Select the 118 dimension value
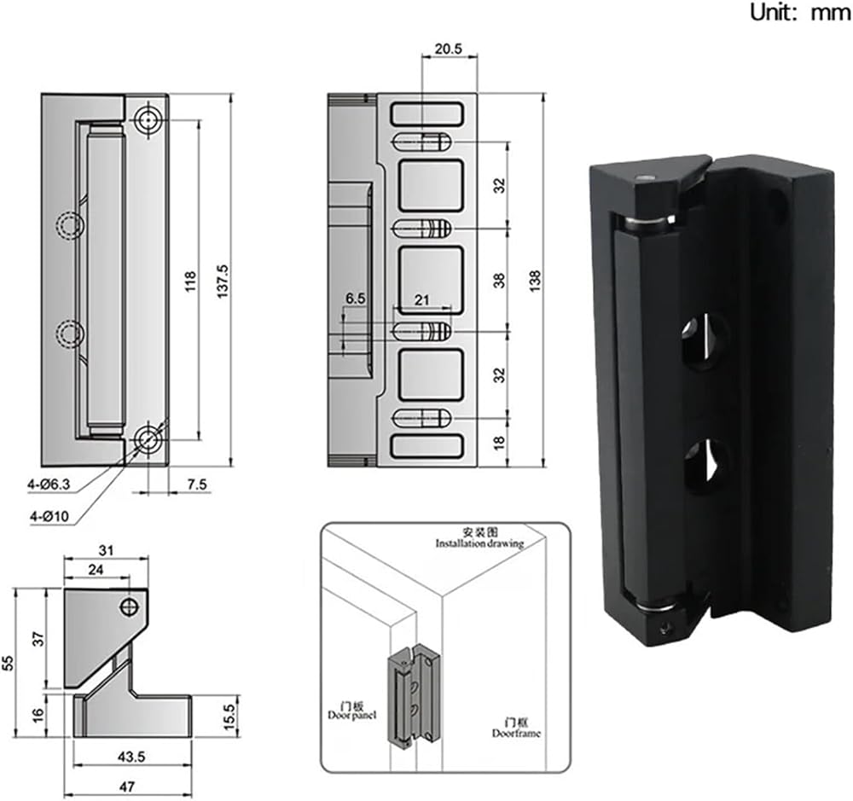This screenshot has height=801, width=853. point(189,282)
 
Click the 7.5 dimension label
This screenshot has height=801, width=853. point(197,485)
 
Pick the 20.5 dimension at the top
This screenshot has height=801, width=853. point(448,49)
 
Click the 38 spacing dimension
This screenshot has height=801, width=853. point(500,279)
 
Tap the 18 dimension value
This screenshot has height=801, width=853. point(500,442)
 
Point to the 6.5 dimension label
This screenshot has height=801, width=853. point(355,299)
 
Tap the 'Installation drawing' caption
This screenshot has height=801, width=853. point(478,543)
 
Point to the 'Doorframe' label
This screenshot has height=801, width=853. point(516,732)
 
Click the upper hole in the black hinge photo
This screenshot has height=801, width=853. point(705,340)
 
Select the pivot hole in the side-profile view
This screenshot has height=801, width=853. point(130,607)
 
